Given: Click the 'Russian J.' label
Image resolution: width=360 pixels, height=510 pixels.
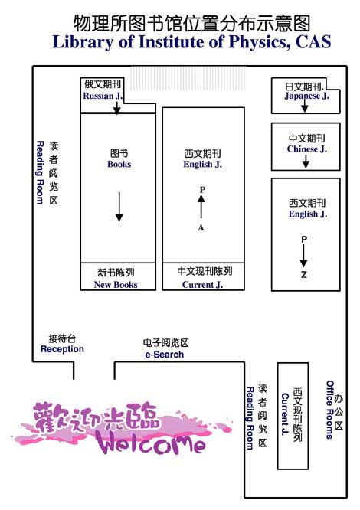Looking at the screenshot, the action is pyautogui.click(x=103, y=96).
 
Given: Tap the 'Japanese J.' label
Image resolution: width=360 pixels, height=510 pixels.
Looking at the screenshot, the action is pyautogui.click(x=306, y=96).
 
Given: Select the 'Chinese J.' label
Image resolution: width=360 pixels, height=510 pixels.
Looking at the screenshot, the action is pyautogui.click(x=306, y=149).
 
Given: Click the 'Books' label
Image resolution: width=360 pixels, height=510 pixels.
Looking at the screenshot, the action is pyautogui.click(x=119, y=164).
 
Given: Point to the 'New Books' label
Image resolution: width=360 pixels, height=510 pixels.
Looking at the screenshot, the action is pyautogui.click(x=116, y=285).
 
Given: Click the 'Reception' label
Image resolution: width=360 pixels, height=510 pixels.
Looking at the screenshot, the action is pyautogui.click(x=62, y=349).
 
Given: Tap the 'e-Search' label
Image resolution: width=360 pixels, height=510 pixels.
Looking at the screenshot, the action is pyautogui.click(x=165, y=355).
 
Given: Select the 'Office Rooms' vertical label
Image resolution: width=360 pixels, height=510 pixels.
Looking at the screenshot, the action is pyautogui.click(x=330, y=410).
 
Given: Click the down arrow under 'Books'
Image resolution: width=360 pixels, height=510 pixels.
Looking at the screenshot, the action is pyautogui.click(x=119, y=207).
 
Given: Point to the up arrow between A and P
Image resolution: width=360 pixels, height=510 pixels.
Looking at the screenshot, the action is pyautogui.click(x=201, y=206).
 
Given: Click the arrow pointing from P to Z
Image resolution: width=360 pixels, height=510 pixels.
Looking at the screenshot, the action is pyautogui.click(x=304, y=256).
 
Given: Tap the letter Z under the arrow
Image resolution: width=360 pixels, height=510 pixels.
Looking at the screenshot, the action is pyautogui.click(x=304, y=275).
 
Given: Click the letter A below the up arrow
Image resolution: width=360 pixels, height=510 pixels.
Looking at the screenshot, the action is pyautogui.click(x=201, y=227).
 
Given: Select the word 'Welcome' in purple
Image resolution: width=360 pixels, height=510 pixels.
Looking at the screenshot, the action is pyautogui.click(x=150, y=443).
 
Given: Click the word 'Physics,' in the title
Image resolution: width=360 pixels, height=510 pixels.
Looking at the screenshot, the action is pyautogui.click(x=259, y=41).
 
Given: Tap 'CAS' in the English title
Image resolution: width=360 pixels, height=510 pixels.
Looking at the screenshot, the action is pyautogui.click(x=313, y=41).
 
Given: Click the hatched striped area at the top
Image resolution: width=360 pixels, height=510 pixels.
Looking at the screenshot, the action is pyautogui.click(x=188, y=78).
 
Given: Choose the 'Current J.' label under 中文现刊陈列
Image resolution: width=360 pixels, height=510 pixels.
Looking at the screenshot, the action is pyautogui.click(x=203, y=285).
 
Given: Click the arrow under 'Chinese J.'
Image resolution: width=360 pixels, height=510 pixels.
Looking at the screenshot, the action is pyautogui.click(x=306, y=161).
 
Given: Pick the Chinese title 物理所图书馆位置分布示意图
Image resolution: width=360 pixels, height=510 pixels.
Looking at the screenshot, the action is pyautogui.click(x=191, y=23).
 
